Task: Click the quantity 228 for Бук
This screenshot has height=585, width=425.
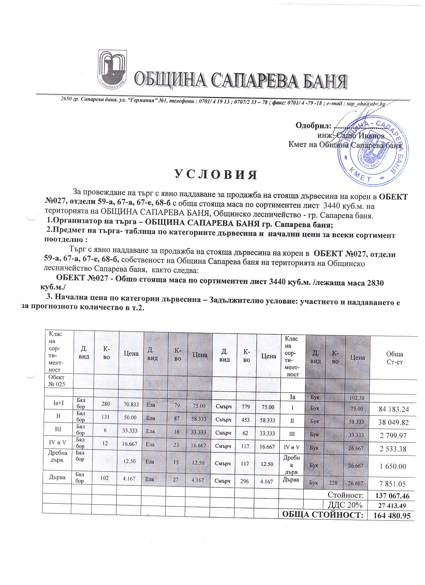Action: click(335, 483)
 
